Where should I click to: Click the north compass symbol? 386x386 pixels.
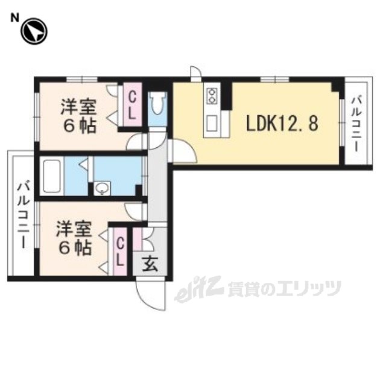tap(34, 32)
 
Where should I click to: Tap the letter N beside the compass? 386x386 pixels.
tap(14, 19)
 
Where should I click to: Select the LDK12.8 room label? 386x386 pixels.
tap(282, 123)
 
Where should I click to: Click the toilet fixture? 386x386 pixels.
tap(157, 103)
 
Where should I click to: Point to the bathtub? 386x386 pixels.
tap(52, 176)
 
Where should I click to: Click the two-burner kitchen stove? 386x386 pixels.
tap(212, 96)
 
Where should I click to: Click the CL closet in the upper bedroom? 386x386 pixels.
tap(133, 104)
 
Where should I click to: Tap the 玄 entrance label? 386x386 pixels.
tap(150, 264)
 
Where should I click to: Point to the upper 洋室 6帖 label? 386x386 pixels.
tap(78, 116)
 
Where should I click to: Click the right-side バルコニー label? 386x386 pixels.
tap(357, 124)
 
